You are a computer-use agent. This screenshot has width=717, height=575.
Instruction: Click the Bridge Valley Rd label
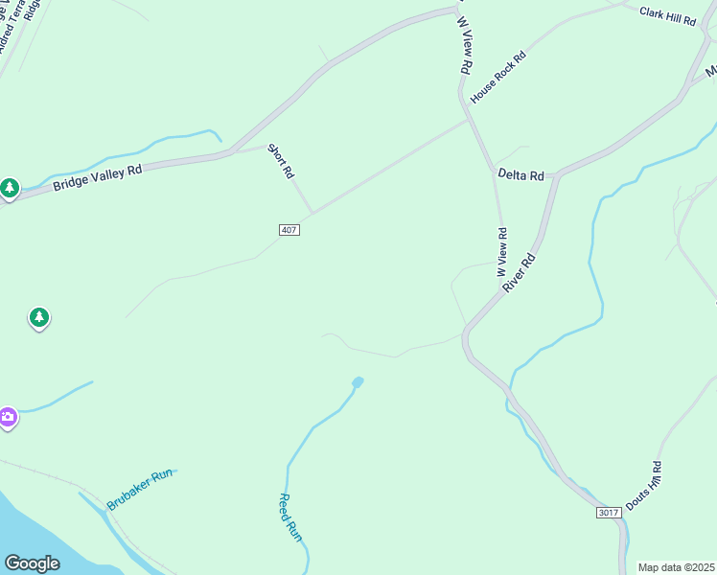(97, 175)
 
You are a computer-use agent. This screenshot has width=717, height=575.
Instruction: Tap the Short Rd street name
(281, 161)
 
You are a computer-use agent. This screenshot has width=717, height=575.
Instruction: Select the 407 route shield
(289, 230)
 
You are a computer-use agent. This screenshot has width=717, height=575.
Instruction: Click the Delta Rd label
(520, 175)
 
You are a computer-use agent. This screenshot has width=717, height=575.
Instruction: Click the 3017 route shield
(608, 513)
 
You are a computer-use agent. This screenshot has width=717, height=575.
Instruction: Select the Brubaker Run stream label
(139, 489)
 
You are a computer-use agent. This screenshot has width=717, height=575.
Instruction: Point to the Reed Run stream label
(289, 517)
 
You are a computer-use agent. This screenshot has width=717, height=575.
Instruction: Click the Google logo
(32, 563)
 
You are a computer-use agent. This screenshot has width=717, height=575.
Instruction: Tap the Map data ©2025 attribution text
(676, 567)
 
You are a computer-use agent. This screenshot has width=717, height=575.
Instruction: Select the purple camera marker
(8, 417)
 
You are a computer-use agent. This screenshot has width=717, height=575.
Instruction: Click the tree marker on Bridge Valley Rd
(10, 188)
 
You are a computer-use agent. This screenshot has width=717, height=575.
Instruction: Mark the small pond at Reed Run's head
(358, 382)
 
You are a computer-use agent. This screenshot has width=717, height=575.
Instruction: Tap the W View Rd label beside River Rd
(501, 252)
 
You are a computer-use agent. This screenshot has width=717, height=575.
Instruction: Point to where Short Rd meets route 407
(312, 213)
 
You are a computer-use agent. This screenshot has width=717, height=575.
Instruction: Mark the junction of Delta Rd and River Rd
(556, 176)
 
